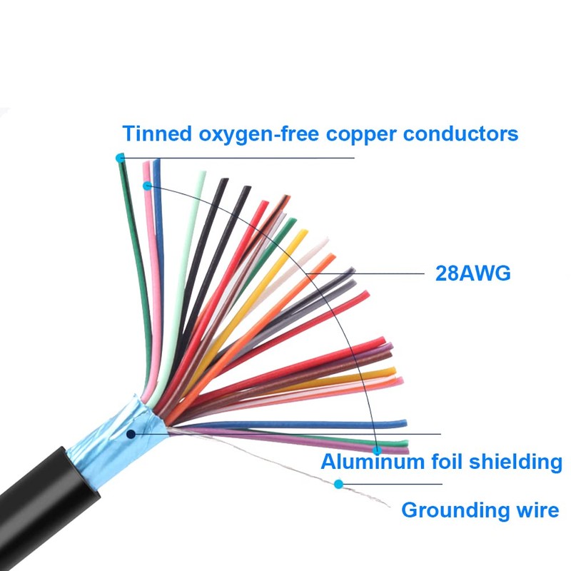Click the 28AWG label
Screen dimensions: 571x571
coord(473,273)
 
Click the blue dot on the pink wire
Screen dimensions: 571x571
coord(147,186)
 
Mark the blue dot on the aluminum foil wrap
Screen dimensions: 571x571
coord(131,433)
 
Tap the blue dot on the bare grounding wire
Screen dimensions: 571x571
coord(338,484)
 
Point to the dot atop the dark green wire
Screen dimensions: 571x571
coord(120,158)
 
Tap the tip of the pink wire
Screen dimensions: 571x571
coord(147,166)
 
